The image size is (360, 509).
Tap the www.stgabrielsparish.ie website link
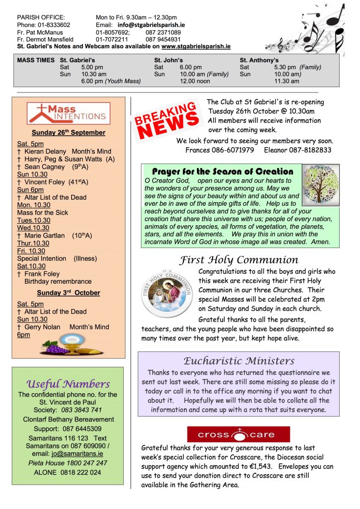pyautogui.click(x=196, y=46)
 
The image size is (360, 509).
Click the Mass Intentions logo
pyautogui.click(x=69, y=113)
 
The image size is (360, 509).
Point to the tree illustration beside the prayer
pyautogui.click(x=321, y=185)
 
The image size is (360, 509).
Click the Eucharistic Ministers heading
pyautogui.click(x=239, y=361)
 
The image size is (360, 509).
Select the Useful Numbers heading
pyautogui.click(x=68, y=384)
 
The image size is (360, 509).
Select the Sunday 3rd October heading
pyautogui.click(x=68, y=293)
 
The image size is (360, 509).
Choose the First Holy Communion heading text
pyautogui.click(x=239, y=260)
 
